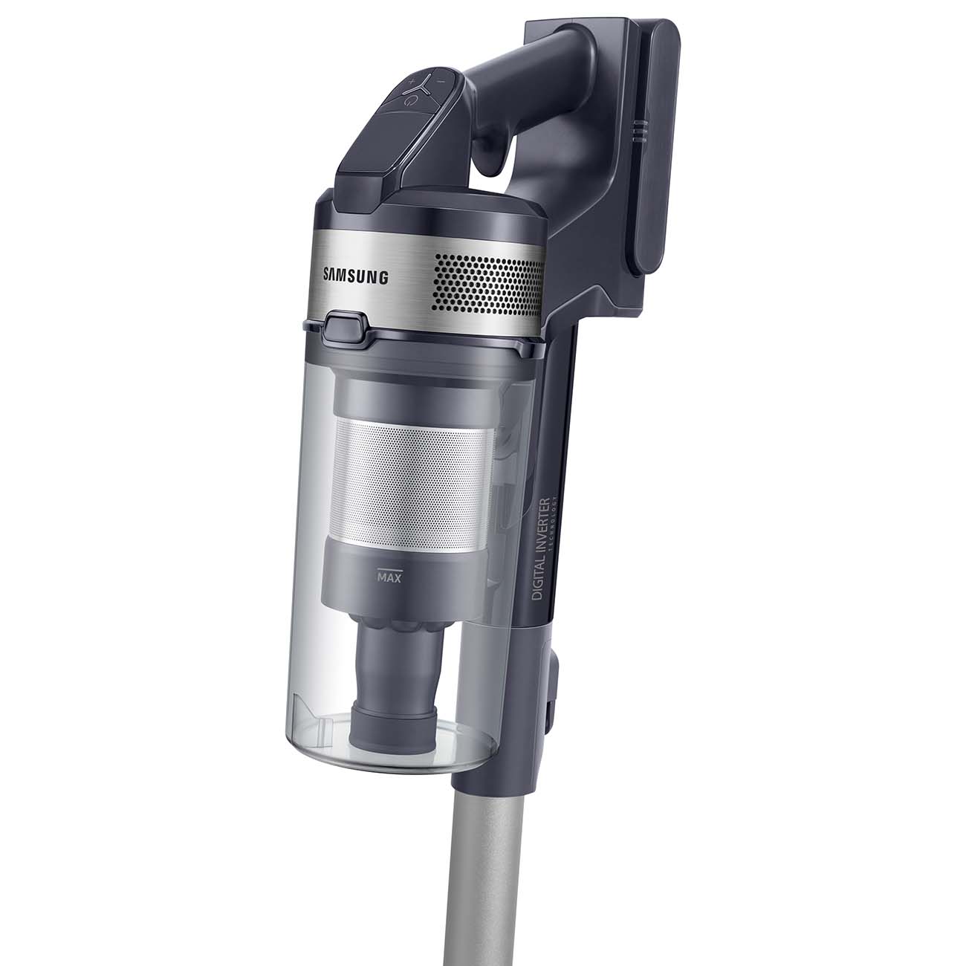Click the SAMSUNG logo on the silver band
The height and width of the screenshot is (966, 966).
pos(355,277)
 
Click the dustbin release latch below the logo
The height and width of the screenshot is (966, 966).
pos(345,326)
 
